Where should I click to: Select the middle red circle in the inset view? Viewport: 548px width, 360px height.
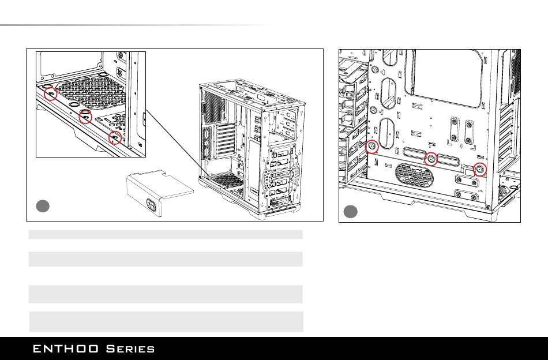[x=85, y=117]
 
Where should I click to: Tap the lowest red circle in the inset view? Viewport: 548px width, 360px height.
[x=115, y=137]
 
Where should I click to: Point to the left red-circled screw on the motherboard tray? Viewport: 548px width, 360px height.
[x=373, y=146]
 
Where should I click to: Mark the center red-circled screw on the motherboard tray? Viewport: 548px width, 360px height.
[x=430, y=159]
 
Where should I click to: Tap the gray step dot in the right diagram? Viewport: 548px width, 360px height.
[x=351, y=212]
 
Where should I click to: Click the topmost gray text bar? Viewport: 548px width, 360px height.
[x=166, y=234]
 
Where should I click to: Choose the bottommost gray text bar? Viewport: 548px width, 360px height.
[x=166, y=321]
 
